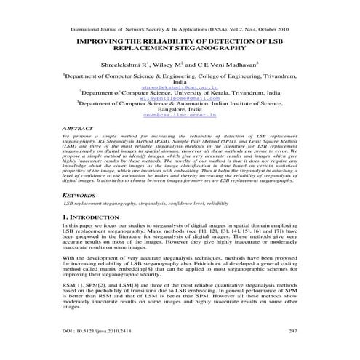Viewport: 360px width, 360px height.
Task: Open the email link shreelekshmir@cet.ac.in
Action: tap(180, 87)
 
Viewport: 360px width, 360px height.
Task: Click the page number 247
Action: tap(293, 331)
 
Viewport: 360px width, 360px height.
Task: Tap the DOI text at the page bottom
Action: tap(95, 331)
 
